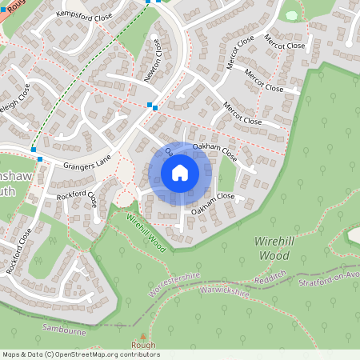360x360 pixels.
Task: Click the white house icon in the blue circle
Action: (180, 173)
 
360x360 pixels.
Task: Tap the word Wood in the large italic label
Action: (274, 255)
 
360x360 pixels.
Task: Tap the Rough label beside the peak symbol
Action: (144, 346)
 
